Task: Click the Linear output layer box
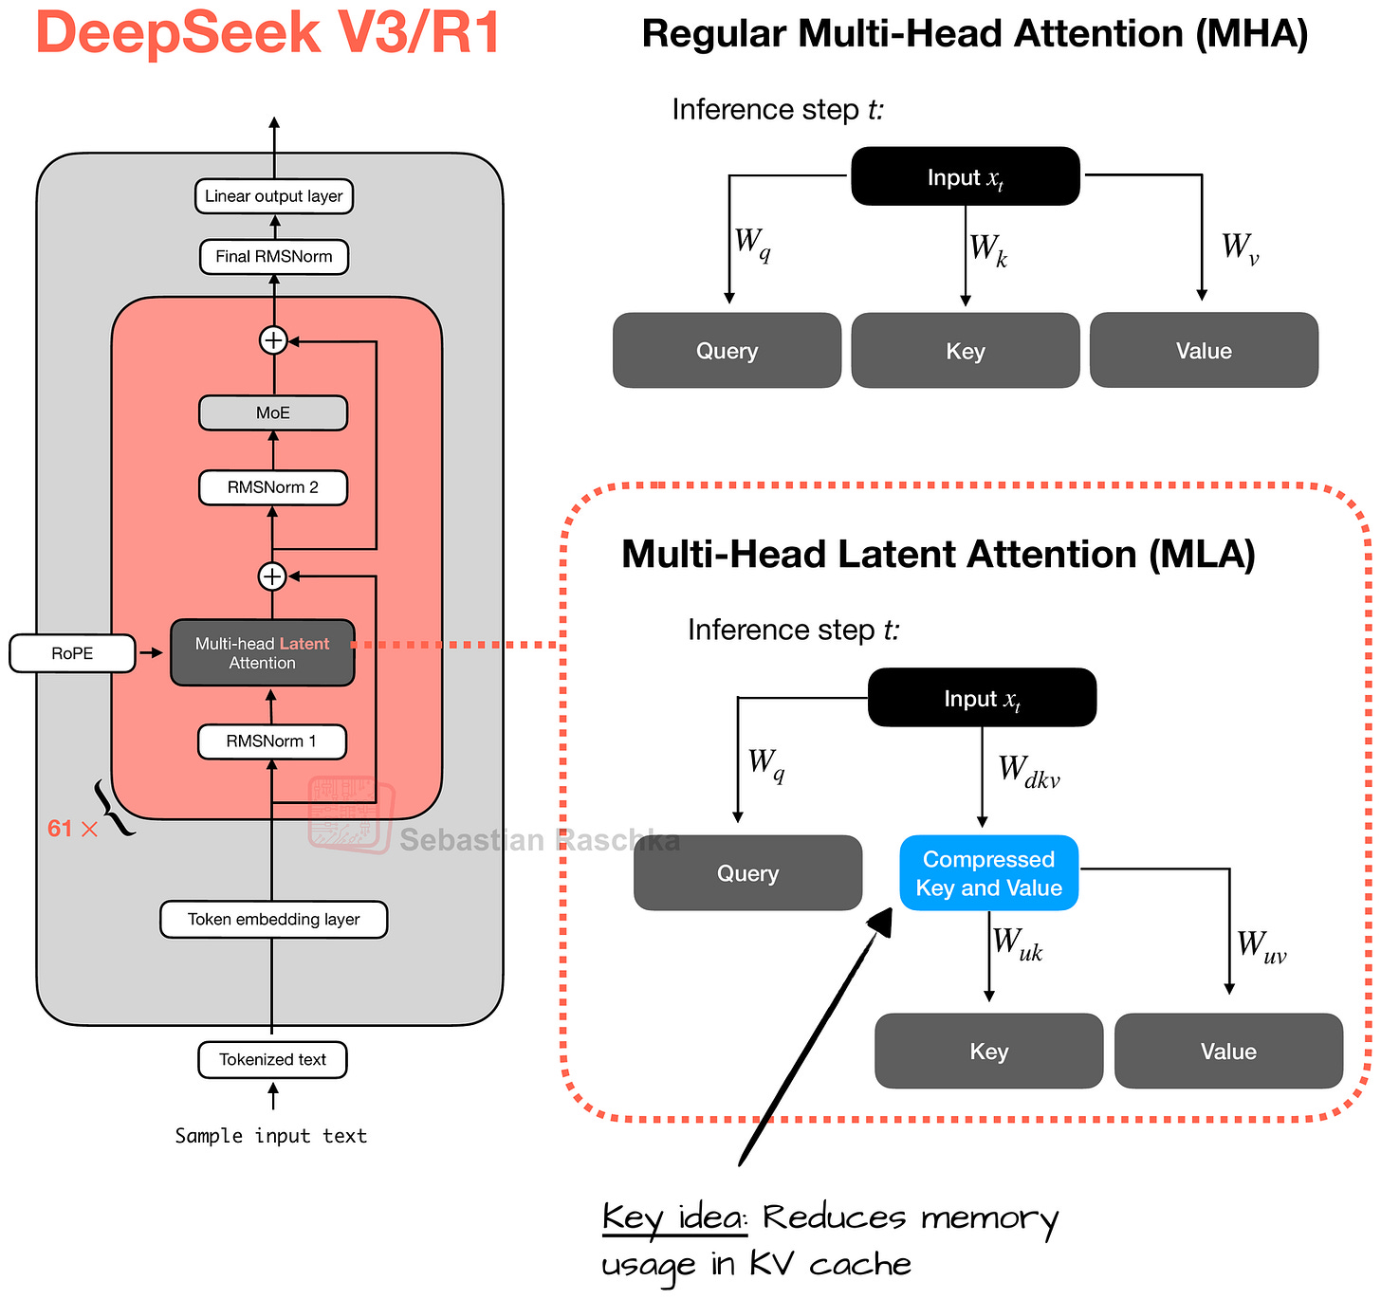tap(273, 196)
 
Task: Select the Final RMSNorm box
tap(273, 256)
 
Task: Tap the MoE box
tap(273, 412)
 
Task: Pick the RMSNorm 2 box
tap(273, 487)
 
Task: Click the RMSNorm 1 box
tap(271, 741)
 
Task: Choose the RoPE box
tap(72, 653)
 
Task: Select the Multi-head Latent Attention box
tap(263, 653)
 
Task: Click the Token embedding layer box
tap(273, 919)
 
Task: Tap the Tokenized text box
tap(272, 1059)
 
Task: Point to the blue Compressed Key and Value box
tap(988, 873)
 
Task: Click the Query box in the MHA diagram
tap(727, 351)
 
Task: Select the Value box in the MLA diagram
tap(1228, 1051)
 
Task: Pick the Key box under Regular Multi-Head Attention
tap(966, 351)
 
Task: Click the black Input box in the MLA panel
tap(982, 698)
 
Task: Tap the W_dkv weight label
tap(1028, 772)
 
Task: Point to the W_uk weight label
tap(1018, 945)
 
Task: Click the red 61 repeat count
tap(61, 829)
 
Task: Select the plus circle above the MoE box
tap(273, 339)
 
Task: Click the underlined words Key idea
tap(673, 1217)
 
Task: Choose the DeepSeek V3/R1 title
tap(268, 32)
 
